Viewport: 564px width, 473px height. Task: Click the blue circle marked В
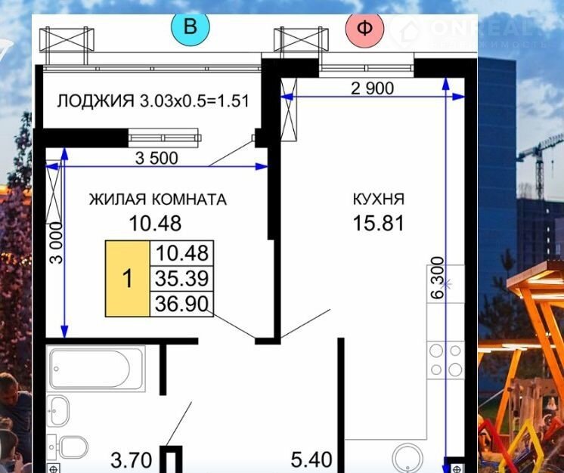pos(191,27)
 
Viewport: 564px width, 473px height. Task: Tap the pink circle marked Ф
pos(364,28)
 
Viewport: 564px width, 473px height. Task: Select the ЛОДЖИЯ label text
pos(96,101)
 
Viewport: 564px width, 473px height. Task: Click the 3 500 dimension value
pos(156,158)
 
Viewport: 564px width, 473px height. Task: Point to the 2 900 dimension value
pos(372,88)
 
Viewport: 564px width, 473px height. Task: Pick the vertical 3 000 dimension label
pos(57,243)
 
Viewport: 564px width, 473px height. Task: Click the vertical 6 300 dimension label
pos(438,277)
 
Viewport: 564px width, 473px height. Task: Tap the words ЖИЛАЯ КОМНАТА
pos(158,199)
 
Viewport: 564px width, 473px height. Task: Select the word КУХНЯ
pos(379,199)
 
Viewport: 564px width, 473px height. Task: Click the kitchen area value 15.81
pos(379,223)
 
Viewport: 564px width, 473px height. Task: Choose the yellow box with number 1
pos(128,279)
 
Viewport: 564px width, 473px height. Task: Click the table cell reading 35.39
pos(182,279)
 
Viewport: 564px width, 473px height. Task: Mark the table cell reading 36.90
pos(181,304)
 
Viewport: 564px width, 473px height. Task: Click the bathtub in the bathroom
pos(96,369)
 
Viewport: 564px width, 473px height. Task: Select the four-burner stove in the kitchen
pos(446,360)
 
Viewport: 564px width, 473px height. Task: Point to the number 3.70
pos(132,460)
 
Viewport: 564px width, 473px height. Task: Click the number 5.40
pos(311,460)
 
